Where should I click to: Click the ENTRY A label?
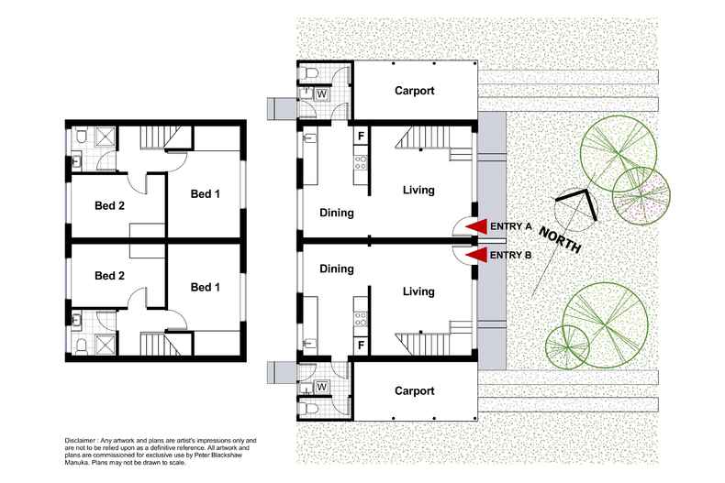512,227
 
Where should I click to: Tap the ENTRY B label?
512,256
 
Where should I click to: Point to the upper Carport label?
414,92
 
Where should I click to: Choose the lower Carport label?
414,390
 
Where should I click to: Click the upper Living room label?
418,191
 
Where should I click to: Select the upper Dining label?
337,213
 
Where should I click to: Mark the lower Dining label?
337,269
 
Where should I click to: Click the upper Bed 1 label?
206,194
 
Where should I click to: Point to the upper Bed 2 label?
109,205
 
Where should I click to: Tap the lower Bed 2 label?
109,276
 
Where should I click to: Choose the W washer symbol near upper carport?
322,93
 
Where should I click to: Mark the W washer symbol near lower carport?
322,386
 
